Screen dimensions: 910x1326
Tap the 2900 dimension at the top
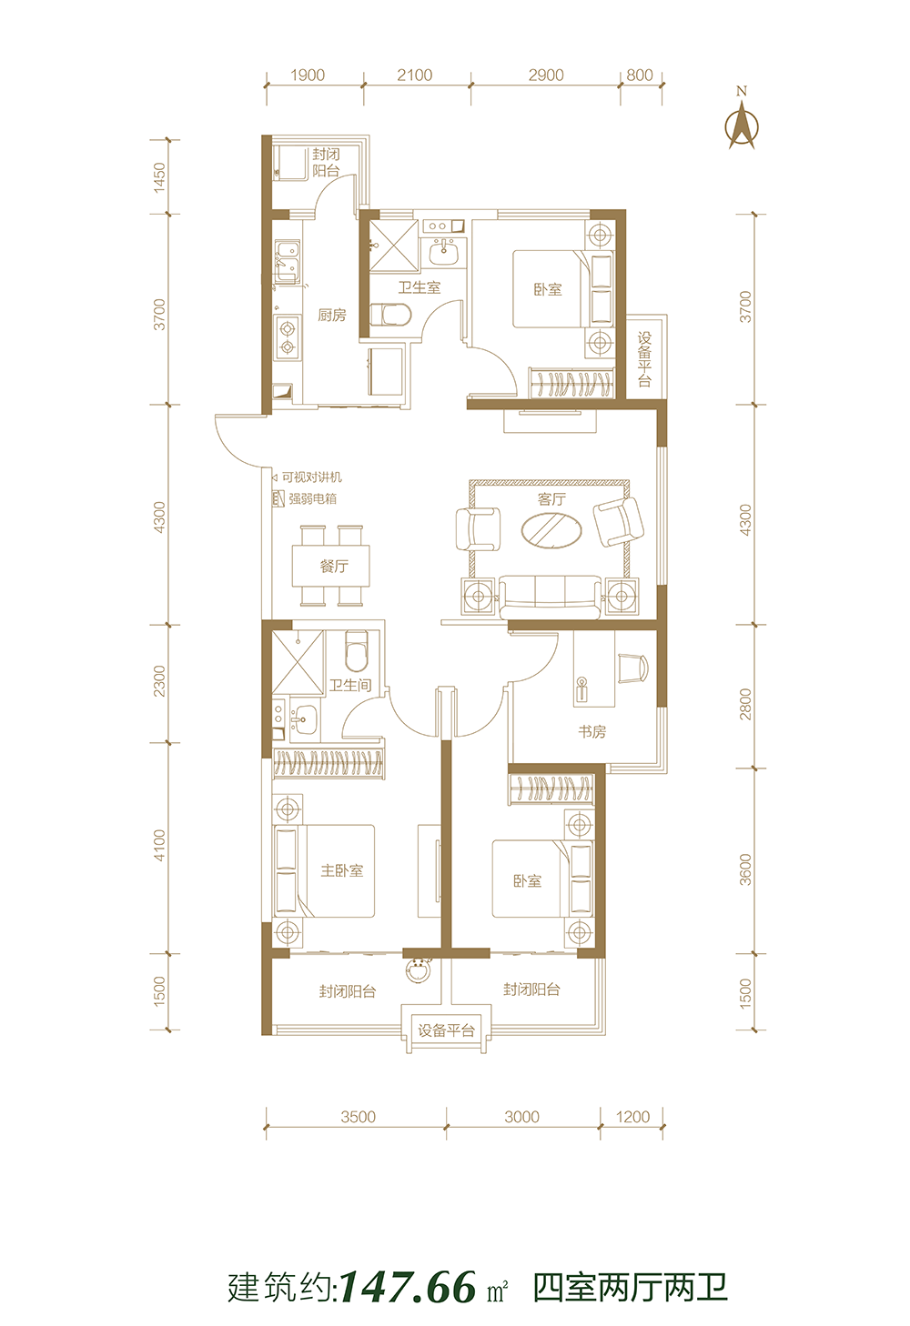546,75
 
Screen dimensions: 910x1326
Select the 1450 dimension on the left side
159,177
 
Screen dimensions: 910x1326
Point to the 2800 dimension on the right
745,704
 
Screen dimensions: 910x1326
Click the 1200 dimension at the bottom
632,1117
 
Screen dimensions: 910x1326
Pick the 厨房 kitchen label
332,316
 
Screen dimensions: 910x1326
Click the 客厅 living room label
551,499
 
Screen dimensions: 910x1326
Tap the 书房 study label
591,732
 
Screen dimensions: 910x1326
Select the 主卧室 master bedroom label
342,870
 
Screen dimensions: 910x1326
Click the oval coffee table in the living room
551,530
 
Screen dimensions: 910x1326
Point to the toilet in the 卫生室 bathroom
389,315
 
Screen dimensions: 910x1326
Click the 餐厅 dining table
331,566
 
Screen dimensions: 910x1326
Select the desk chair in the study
632,668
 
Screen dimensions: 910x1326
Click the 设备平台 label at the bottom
447,1030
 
